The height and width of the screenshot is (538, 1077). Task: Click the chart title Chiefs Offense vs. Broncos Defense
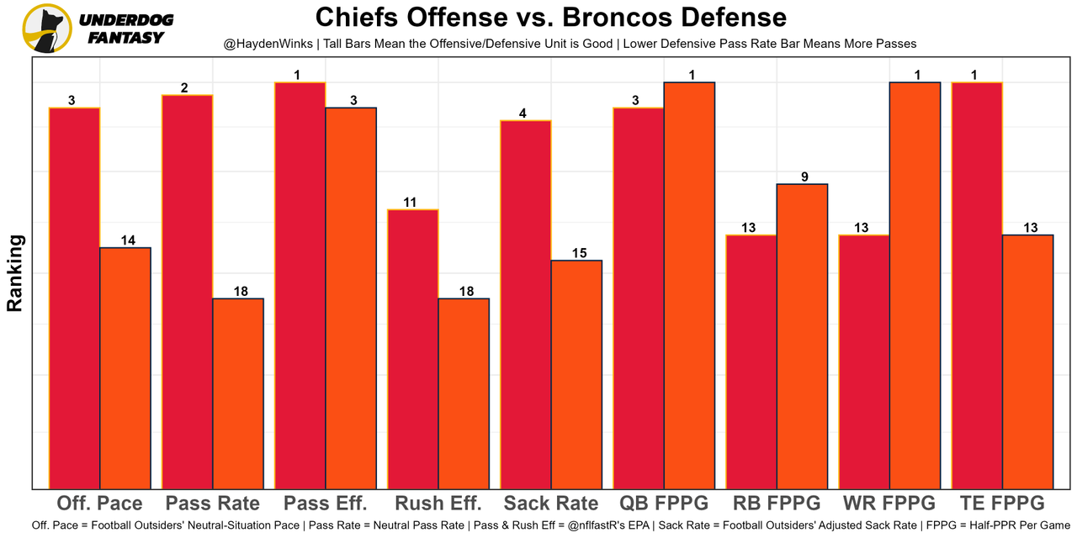click(551, 17)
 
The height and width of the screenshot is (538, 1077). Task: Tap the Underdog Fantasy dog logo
click(46, 28)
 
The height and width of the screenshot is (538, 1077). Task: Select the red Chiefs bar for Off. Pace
click(75, 298)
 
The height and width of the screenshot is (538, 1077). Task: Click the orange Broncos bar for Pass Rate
click(238, 393)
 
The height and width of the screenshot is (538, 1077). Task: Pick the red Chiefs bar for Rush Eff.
click(413, 348)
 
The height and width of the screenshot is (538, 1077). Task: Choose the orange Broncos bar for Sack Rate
click(576, 374)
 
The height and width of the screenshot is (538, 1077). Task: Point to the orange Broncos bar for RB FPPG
click(802, 335)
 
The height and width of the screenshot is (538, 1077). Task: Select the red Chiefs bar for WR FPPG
click(864, 361)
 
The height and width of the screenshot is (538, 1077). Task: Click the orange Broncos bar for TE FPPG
click(1027, 361)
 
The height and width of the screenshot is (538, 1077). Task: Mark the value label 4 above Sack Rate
click(523, 113)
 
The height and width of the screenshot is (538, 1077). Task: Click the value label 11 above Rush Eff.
click(410, 202)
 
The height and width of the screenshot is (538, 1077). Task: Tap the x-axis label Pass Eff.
click(326, 504)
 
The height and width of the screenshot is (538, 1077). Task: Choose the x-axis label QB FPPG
click(664, 504)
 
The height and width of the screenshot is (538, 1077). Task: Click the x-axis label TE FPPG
click(1002, 504)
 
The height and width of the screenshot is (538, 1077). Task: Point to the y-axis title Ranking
click(15, 273)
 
